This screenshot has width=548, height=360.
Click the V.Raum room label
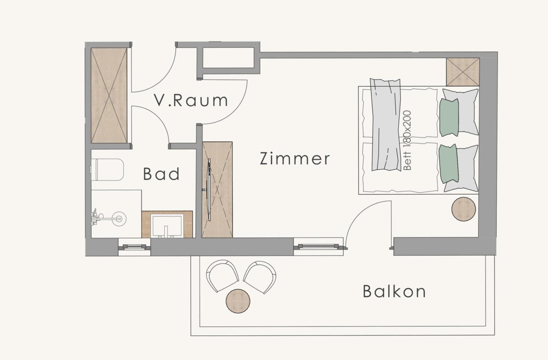pos(191,100)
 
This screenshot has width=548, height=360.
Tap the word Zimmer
pos(294,158)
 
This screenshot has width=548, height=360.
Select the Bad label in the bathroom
pos(161,174)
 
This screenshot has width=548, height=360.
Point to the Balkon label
pos(394,291)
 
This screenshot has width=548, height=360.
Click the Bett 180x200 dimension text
pos(407,140)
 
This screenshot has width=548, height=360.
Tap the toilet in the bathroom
pos(107,169)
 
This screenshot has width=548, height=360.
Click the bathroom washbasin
pos(167,225)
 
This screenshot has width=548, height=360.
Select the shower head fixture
pos(109,218)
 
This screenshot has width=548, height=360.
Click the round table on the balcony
pos(238,301)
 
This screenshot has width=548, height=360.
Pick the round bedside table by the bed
pos(463,209)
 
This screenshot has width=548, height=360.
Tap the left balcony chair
pos(222,275)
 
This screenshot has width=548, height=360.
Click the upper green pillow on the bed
pos(449,117)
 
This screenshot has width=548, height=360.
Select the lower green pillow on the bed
pos(449,164)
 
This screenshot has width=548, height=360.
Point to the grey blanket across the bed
pos(386,125)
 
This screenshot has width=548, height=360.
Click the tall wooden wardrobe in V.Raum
pos(109,95)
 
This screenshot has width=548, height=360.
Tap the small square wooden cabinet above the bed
pos(463,72)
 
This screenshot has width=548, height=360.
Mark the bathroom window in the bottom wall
pos(134,247)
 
